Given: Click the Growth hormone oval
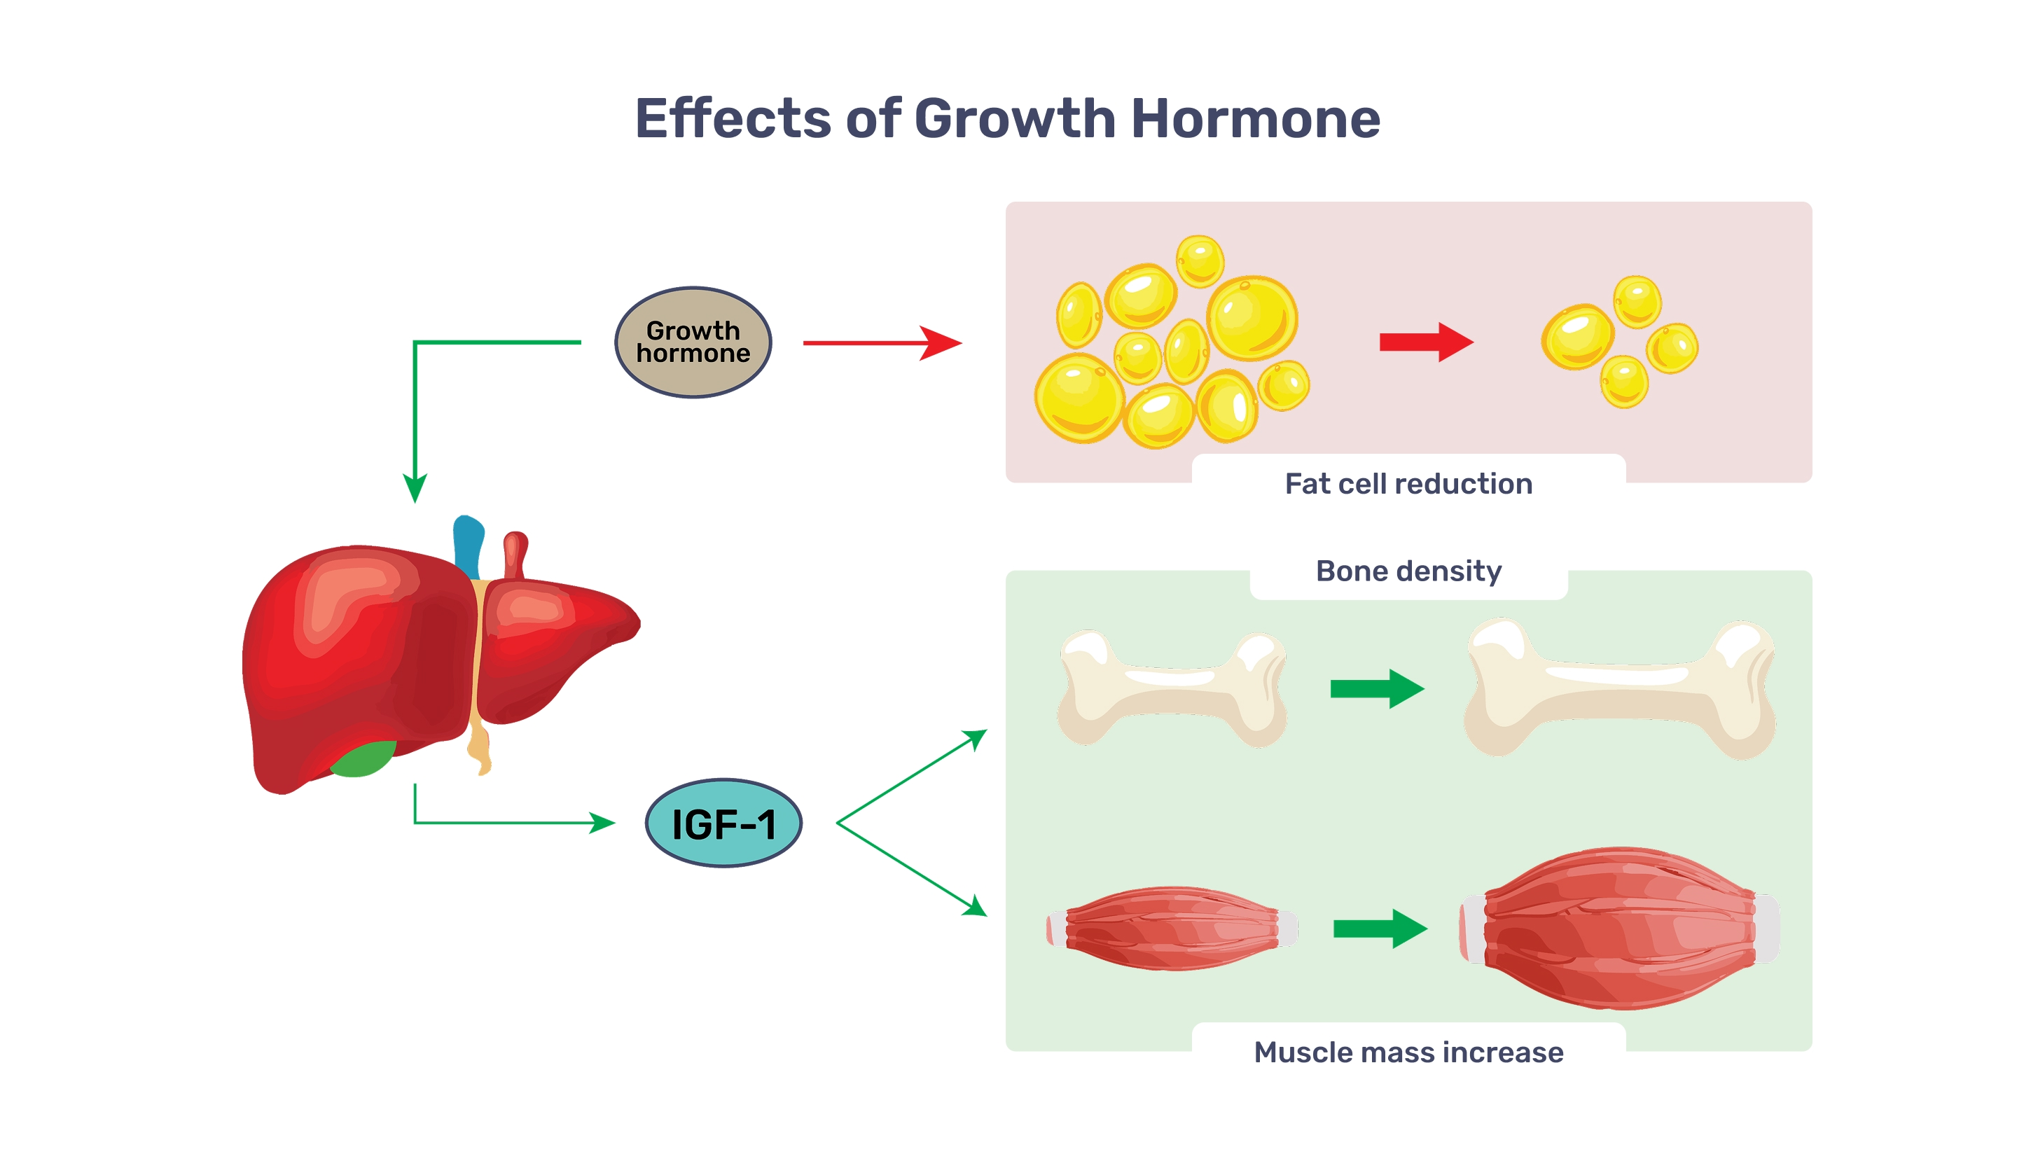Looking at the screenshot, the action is pyautogui.click(x=693, y=342).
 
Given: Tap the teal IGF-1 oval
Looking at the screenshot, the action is pyautogui.click(x=723, y=823).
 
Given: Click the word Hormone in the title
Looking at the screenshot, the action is pyautogui.click(x=1256, y=118).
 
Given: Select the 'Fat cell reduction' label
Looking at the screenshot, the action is pyautogui.click(x=1408, y=483).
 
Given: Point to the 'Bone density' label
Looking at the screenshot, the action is pyautogui.click(x=1408, y=571).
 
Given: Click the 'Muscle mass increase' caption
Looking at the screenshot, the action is pyautogui.click(x=1408, y=1052).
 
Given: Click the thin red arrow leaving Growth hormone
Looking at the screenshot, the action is pyautogui.click(x=882, y=343).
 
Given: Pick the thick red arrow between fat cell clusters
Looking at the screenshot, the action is pyautogui.click(x=1427, y=342).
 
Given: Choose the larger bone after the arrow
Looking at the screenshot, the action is pyautogui.click(x=1619, y=688).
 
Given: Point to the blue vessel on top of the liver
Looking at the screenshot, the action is pyautogui.click(x=469, y=547).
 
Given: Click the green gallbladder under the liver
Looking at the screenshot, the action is pyautogui.click(x=363, y=758).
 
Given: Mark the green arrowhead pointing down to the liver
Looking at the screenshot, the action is pyautogui.click(x=415, y=487).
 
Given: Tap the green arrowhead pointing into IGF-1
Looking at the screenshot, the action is pyautogui.click(x=602, y=823).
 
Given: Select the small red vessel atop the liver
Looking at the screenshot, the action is pyautogui.click(x=515, y=555).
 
